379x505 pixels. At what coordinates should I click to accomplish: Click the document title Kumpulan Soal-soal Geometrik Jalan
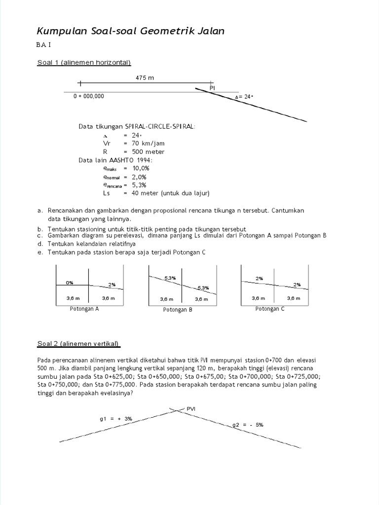click(131, 31)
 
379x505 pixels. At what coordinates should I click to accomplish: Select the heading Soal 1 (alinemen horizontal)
click(84, 62)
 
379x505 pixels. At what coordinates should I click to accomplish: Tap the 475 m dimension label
click(144, 78)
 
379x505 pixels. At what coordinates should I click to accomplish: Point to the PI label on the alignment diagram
click(212, 87)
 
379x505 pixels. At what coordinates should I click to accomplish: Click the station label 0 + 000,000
click(89, 97)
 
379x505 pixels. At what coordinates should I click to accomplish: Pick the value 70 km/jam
click(144, 144)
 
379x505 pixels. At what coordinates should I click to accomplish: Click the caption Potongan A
click(84, 309)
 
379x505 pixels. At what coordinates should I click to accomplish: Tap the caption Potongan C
click(269, 309)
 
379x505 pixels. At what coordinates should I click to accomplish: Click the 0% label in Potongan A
click(70, 283)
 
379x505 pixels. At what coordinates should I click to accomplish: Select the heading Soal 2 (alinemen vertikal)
click(78, 343)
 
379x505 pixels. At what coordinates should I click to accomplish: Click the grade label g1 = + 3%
click(115, 418)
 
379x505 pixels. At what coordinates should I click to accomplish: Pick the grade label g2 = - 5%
click(248, 425)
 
